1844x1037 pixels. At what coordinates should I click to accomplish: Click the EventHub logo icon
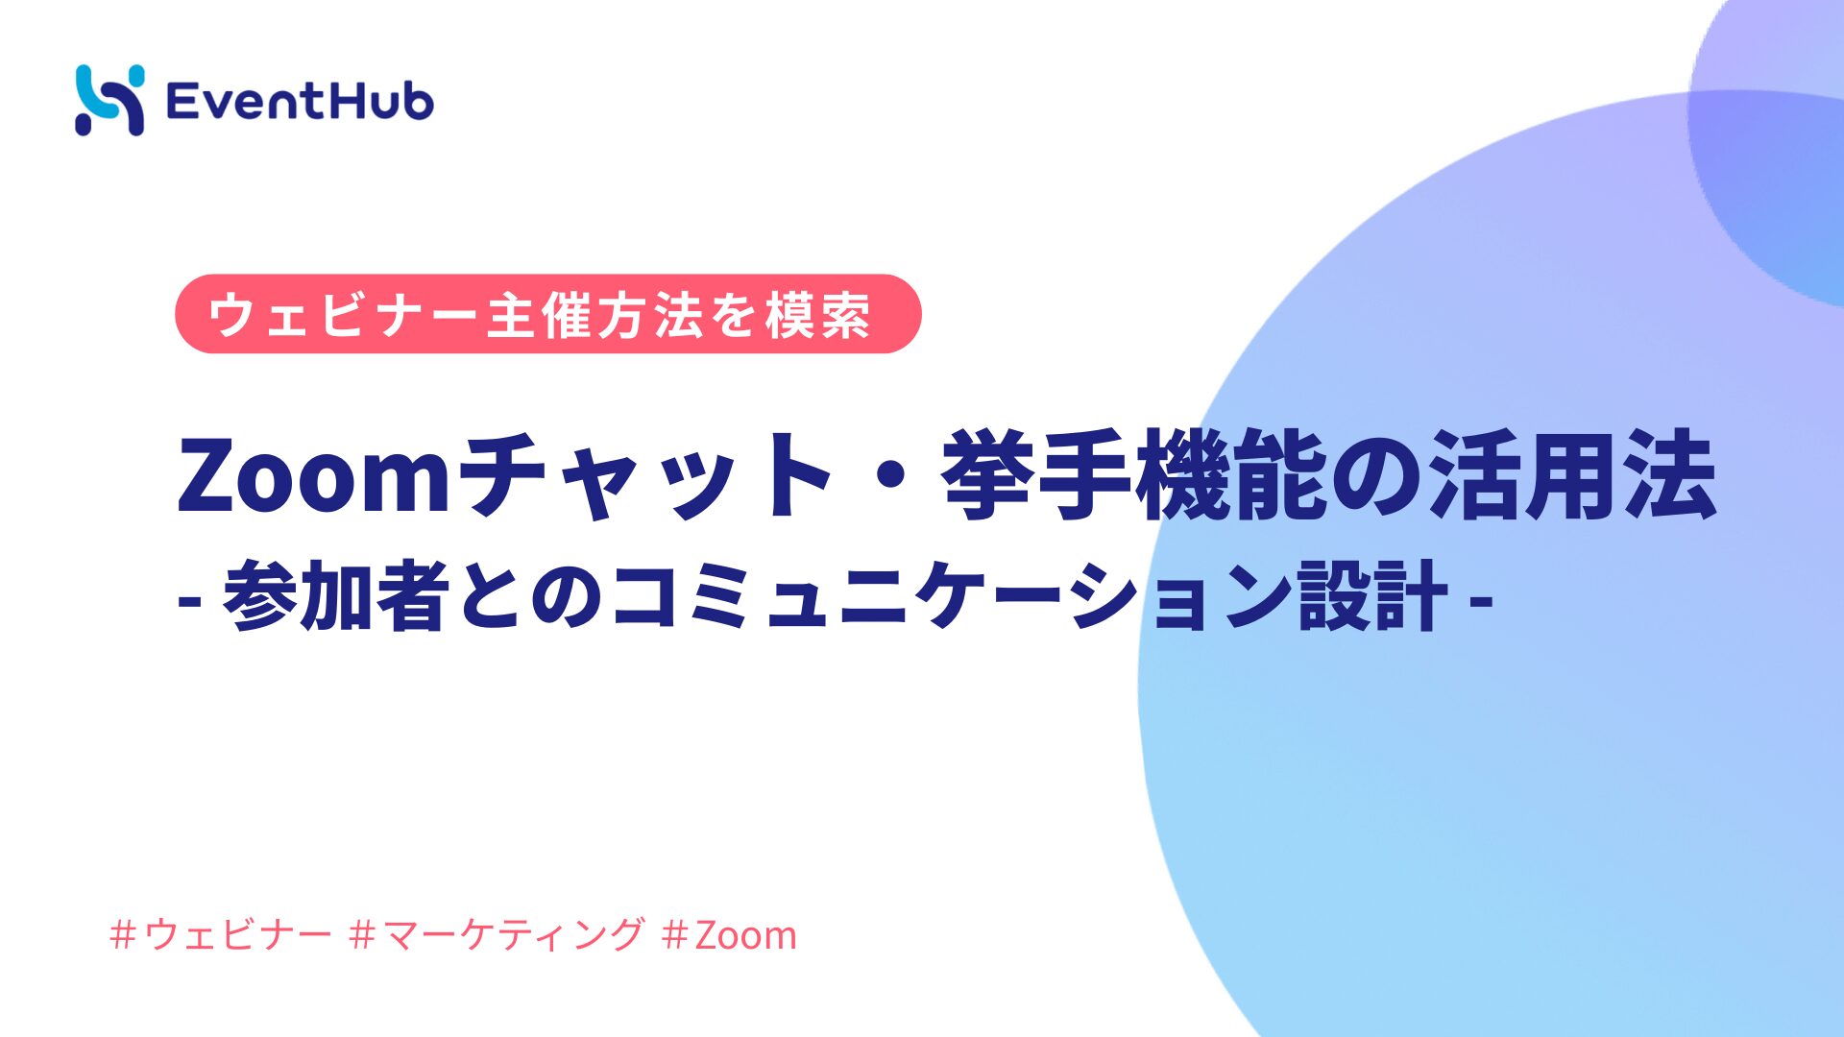pos(109,100)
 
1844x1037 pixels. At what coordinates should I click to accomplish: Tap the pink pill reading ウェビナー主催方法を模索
pos(547,314)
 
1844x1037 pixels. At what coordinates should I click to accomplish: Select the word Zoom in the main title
pos(313,476)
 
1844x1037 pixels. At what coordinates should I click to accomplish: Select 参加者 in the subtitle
pos(337,597)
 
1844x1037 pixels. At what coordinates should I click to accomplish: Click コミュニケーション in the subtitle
pos(951,597)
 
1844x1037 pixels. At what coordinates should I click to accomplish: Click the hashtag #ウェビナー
pos(221,934)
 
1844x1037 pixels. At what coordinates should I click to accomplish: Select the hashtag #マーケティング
pos(497,934)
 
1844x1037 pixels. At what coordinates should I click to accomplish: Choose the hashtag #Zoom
pos(730,934)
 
